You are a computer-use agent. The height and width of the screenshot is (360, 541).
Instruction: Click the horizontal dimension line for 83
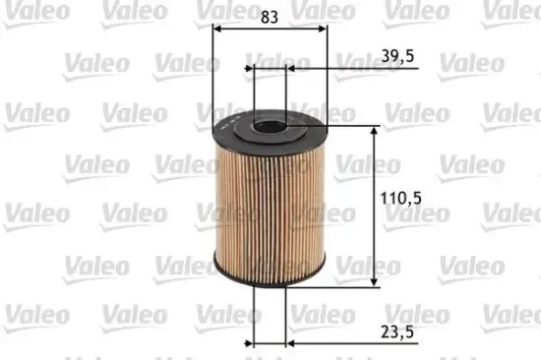point(270,29)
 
